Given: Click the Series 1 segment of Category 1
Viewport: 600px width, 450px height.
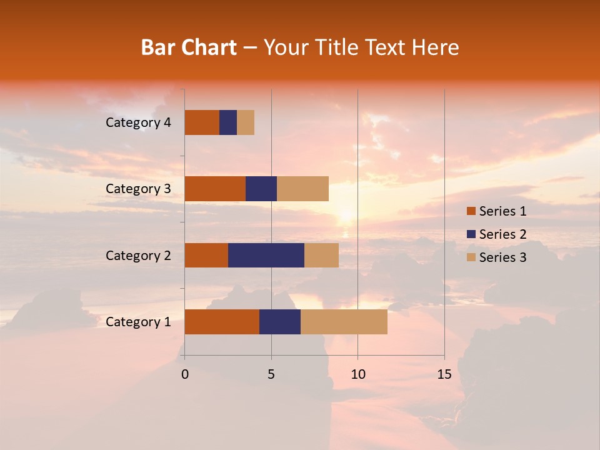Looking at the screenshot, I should coord(222,322).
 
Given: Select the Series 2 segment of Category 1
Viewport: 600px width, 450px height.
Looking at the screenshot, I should coord(280,322).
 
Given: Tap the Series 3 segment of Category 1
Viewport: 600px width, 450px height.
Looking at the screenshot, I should coord(344,322).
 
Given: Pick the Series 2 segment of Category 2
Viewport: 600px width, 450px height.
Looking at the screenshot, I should coord(266,255).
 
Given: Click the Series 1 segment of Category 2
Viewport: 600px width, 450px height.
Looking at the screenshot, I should coord(206,255).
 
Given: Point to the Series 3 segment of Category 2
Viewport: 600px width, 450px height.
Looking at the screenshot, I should coord(321,255).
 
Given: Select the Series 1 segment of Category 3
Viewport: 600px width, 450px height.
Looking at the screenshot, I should coord(215,189).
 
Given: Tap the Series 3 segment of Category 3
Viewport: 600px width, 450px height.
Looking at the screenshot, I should coord(302,189).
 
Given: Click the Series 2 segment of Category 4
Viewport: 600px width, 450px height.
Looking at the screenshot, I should coord(228,122).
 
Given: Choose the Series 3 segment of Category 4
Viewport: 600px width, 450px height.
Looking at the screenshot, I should coord(246,122).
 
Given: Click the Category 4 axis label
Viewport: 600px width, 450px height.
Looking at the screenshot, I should coord(138,122).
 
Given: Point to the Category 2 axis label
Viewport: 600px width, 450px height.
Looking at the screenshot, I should coord(138,255).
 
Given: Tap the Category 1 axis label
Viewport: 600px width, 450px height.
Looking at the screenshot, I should coord(138,322).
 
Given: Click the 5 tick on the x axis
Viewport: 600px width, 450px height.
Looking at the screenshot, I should coord(271,374).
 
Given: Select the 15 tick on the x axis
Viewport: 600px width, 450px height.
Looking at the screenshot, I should coord(444,374).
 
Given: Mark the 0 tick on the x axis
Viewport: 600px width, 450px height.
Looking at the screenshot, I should coord(185,374).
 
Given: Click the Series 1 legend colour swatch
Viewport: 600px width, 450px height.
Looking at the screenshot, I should coord(471,211).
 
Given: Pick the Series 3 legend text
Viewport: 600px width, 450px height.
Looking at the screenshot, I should coord(502,257).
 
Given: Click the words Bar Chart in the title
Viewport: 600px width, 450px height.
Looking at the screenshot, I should coord(189,47).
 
